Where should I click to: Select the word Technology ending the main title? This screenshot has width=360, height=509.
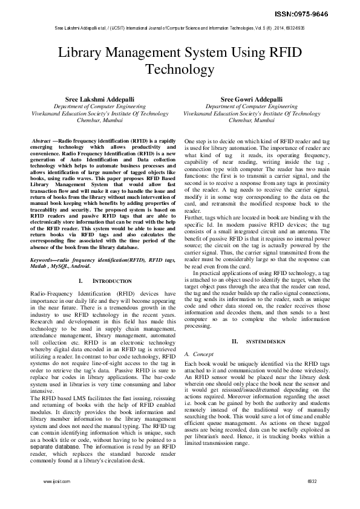[180, 70]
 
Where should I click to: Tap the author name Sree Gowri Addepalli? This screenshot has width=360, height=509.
[252, 99]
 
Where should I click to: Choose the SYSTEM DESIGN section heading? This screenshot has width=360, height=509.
[265, 342]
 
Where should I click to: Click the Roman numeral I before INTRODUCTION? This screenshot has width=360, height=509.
[80, 282]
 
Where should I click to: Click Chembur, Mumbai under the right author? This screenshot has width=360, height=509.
[253, 120]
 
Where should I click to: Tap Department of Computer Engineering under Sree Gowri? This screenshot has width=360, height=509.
[253, 106]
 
